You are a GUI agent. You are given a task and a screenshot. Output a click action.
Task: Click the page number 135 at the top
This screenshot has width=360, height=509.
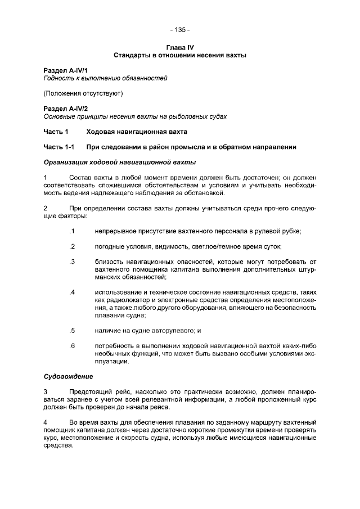coord(179,29)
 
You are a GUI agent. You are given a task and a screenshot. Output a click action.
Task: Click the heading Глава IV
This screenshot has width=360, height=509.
coord(180,48)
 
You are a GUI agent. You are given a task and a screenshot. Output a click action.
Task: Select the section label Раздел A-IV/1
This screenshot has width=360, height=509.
coord(64,70)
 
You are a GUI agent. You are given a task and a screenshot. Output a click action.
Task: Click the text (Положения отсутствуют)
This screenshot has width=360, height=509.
coord(83,93)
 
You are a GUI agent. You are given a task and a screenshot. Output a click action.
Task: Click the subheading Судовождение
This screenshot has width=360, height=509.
coord(68,376)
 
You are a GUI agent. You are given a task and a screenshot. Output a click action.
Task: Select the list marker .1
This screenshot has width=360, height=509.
coord(72,231)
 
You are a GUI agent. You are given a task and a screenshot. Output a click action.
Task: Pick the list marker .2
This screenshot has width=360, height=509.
coord(72,246)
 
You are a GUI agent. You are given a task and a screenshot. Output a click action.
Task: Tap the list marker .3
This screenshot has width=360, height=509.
coord(72,262)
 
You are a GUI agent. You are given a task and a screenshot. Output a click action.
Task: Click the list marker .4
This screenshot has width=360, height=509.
coord(72,292)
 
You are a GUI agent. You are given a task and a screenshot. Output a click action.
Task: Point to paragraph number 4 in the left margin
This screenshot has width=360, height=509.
coord(46,422)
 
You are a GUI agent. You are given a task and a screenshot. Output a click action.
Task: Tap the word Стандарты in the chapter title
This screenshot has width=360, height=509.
coord(133,55)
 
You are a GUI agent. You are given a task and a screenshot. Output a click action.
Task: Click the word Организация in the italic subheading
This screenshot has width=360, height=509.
coord(69,163)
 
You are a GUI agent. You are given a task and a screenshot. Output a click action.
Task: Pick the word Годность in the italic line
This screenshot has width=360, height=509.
coord(58,78)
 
